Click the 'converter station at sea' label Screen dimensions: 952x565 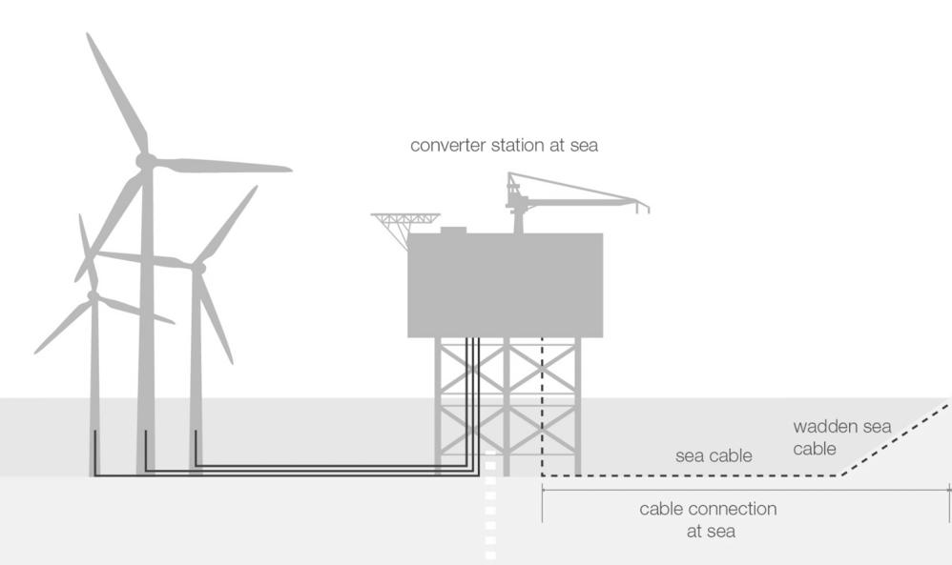[504, 146]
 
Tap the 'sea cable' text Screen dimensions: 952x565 [714, 455]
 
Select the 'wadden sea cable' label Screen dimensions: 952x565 [841, 437]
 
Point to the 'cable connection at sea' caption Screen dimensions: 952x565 [708, 520]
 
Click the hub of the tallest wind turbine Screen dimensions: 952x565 [145, 161]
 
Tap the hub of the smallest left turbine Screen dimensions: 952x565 [93, 296]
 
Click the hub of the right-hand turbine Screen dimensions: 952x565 [198, 269]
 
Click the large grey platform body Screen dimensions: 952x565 [505, 286]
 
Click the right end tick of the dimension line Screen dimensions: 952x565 [949, 502]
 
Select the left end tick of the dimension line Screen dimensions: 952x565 [542, 502]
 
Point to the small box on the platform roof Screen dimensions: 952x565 [452, 230]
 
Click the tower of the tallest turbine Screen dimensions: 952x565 [146, 333]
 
